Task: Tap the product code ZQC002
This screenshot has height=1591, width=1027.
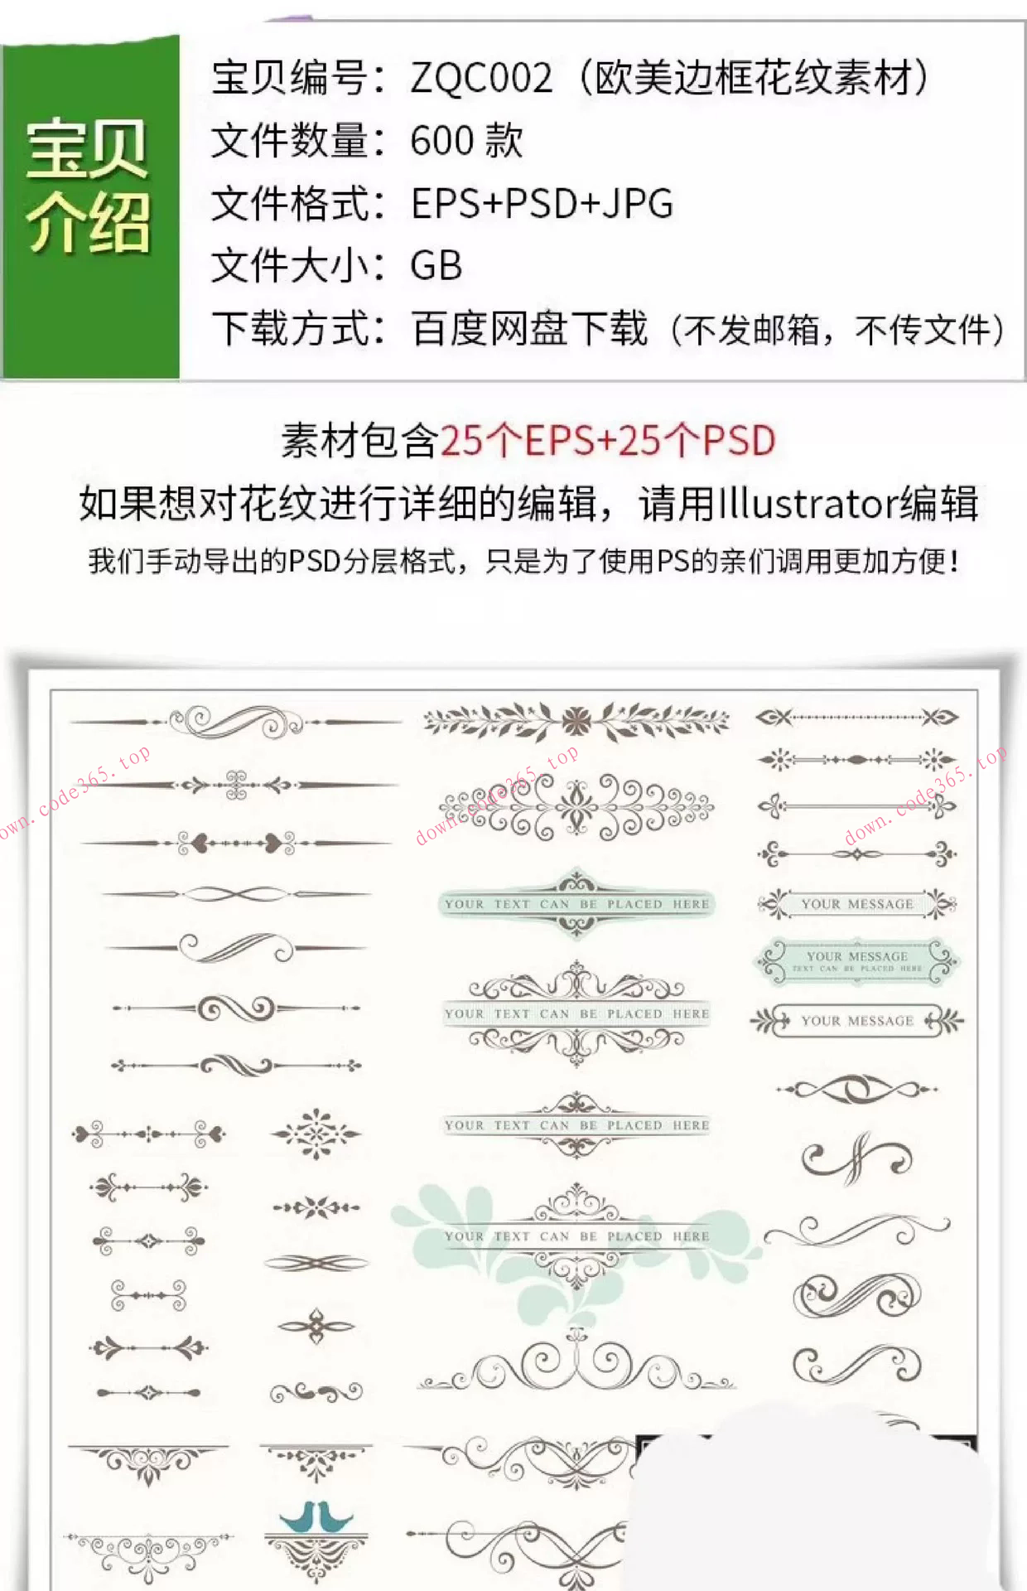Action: tap(481, 79)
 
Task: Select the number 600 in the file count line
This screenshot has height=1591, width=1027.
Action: tap(441, 141)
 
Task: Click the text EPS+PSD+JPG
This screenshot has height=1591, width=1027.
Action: tap(542, 204)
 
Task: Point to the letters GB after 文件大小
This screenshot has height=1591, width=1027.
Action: tap(436, 266)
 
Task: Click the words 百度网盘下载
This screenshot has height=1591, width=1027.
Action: tap(529, 329)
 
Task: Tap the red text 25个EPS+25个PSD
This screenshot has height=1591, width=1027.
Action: tap(607, 440)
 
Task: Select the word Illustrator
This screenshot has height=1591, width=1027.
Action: tap(806, 503)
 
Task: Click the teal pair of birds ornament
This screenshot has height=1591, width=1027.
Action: tap(316, 1517)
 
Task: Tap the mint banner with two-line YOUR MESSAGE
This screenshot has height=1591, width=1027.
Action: tap(856, 961)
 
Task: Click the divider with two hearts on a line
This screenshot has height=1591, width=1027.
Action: tap(236, 844)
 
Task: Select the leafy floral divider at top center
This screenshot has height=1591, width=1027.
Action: tap(576, 721)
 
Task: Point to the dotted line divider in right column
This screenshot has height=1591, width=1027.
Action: tap(856, 717)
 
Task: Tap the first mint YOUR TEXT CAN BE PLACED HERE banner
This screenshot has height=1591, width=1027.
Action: tap(576, 903)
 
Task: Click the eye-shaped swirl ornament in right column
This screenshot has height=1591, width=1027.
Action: tap(856, 1089)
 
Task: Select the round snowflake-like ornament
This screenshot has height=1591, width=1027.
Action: tap(316, 1134)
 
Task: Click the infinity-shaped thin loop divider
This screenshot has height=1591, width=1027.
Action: tap(236, 894)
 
